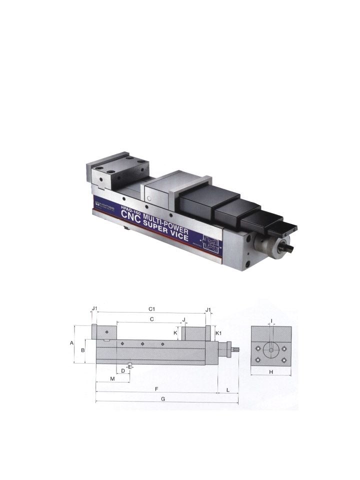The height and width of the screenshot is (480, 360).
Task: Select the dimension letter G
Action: coord(163,399)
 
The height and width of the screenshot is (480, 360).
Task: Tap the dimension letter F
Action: coord(156,388)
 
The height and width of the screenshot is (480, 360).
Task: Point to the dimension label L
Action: coord(228,388)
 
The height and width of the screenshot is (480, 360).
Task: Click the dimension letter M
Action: coord(112,379)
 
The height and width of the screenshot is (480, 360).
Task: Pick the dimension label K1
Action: coord(218,332)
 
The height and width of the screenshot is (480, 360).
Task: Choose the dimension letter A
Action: coord(71,343)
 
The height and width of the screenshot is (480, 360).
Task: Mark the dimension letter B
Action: coord(82,350)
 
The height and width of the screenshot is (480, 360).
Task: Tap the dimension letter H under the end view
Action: coord(271,372)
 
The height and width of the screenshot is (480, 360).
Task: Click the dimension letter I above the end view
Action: coord(271,320)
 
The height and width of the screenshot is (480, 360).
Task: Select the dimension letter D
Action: coord(123,370)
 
